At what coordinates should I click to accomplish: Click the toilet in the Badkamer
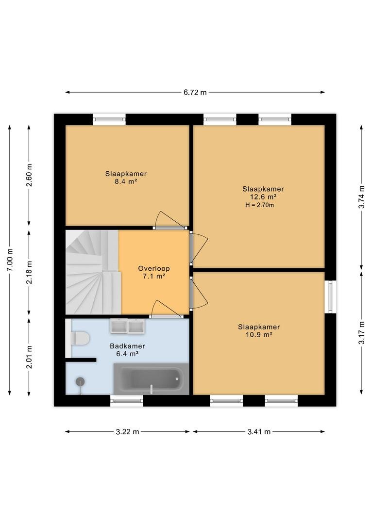coord(80,339)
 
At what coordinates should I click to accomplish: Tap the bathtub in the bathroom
coord(151,379)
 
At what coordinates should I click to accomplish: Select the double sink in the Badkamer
coord(127,326)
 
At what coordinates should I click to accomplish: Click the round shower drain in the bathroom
coord(80,381)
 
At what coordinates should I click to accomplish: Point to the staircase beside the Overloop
coord(93,272)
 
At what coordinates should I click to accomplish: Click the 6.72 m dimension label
coord(195,93)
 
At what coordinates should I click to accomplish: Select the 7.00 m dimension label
coord(10,260)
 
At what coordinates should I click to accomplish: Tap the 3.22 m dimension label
coord(127,432)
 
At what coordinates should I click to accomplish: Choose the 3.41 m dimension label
coord(259,432)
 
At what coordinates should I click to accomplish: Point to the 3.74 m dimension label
coord(361,197)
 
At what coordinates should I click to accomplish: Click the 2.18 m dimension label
coord(29,272)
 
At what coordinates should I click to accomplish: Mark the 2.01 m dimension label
coord(29,357)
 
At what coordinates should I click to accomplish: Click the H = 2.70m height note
coord(260,205)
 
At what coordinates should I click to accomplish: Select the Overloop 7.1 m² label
coord(154,272)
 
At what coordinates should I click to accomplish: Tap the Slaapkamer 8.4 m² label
coord(126,178)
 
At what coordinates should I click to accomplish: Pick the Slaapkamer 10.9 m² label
coord(259,330)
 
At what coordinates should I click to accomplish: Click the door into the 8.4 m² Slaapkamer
coord(170,220)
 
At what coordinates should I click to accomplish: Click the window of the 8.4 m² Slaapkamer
coord(109,119)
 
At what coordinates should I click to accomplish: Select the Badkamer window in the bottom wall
coord(127,401)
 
